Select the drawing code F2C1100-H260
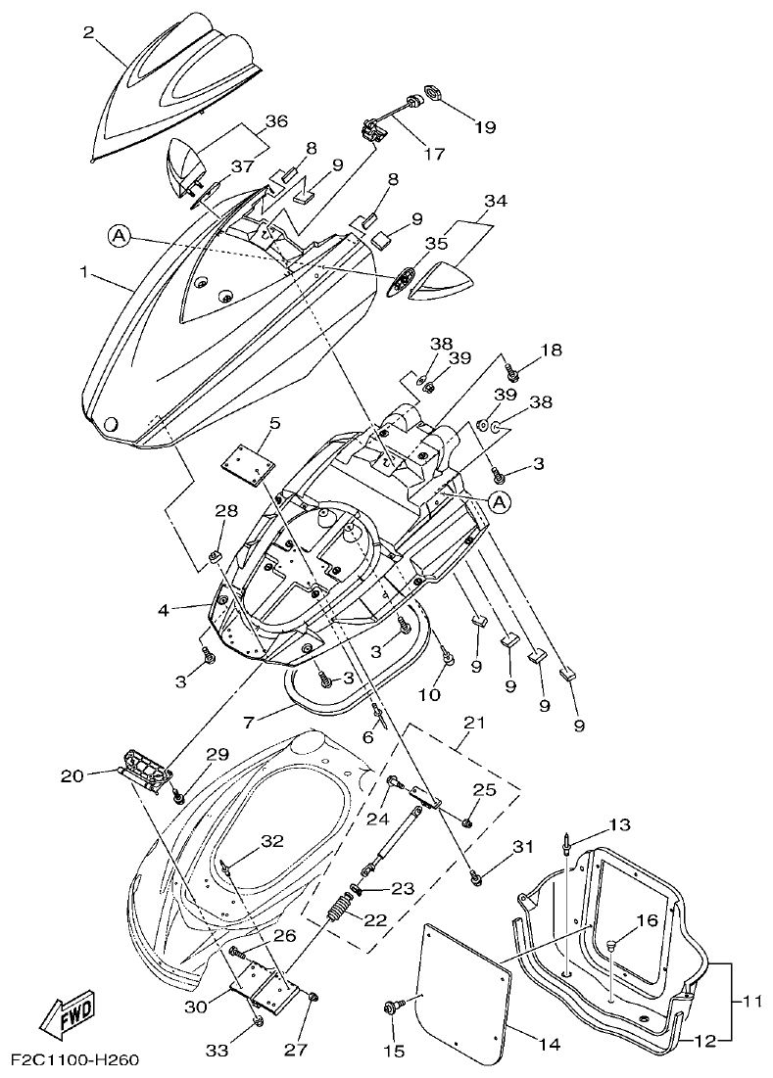tap(75, 1061)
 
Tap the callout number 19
tap(485, 126)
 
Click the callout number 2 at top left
tap(88, 33)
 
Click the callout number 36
tap(276, 121)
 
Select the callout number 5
tap(274, 423)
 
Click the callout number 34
tap(496, 202)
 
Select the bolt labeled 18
tap(510, 371)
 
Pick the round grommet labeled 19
tap(430, 95)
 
